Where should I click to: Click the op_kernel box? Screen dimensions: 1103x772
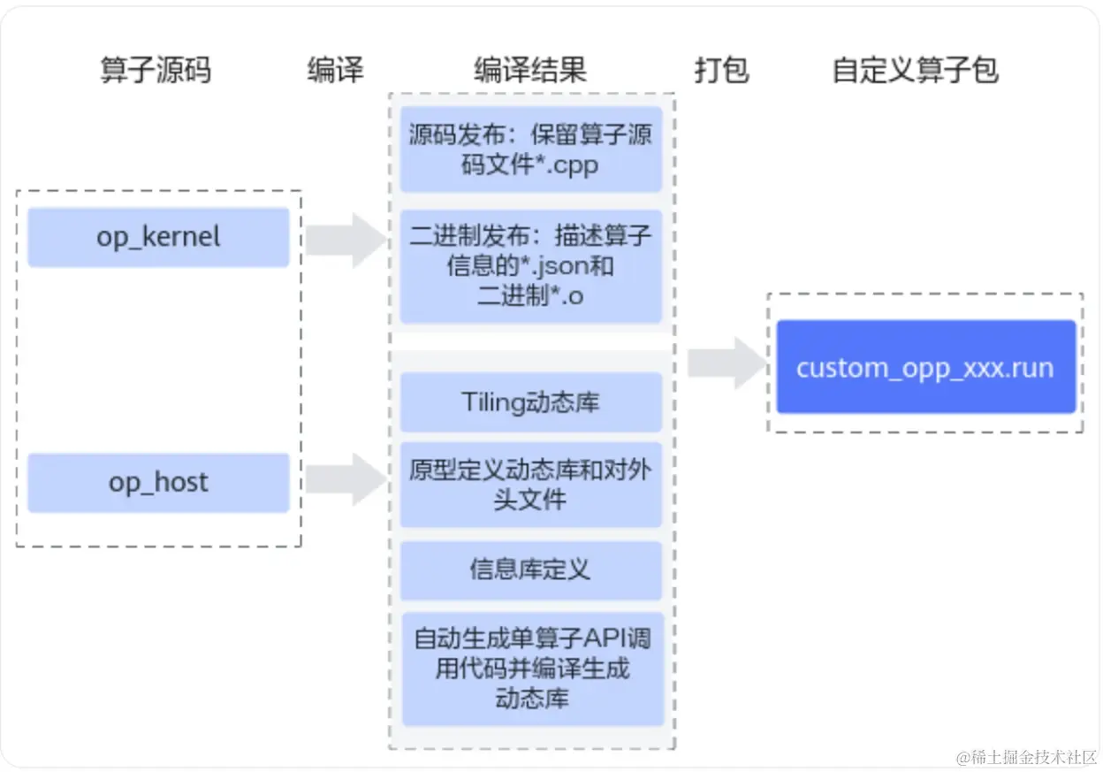158,238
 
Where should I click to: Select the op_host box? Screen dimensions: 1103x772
158,483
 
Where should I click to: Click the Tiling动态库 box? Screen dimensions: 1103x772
531,402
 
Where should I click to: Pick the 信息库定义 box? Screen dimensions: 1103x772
531,570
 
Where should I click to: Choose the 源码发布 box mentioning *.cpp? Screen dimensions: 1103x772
531,149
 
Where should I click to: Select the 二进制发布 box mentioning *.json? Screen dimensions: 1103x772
531,266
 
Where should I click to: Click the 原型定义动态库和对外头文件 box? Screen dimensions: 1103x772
531,485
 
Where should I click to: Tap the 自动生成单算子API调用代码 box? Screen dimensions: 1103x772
533,669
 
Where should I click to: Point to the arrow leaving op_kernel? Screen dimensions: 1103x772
346,241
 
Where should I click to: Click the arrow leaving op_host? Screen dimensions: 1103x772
346,479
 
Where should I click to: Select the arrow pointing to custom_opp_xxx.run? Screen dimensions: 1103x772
727,363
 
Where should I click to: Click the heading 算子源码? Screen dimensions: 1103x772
156,70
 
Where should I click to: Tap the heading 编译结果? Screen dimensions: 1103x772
530,70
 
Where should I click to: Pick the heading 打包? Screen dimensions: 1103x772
722,70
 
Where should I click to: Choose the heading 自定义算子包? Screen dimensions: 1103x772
916,70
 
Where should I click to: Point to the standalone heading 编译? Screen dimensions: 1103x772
336,70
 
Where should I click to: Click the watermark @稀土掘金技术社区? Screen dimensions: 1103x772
1026,757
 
